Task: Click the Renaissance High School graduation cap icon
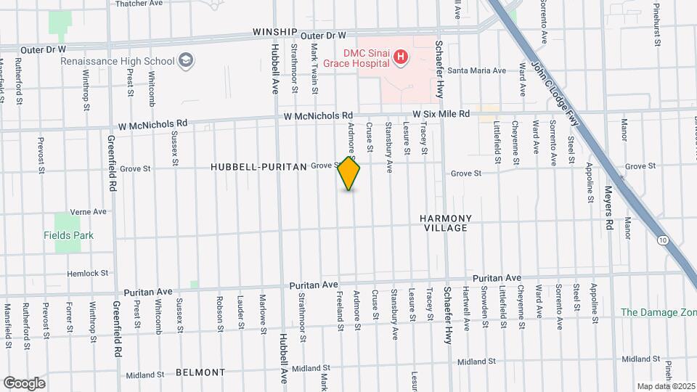(185, 60)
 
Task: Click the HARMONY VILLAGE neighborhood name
(445, 223)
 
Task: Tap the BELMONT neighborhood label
(200, 372)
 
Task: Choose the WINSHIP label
(275, 33)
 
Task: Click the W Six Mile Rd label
(441, 114)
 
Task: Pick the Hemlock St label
(87, 274)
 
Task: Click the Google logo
(24, 383)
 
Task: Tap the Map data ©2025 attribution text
(665, 386)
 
